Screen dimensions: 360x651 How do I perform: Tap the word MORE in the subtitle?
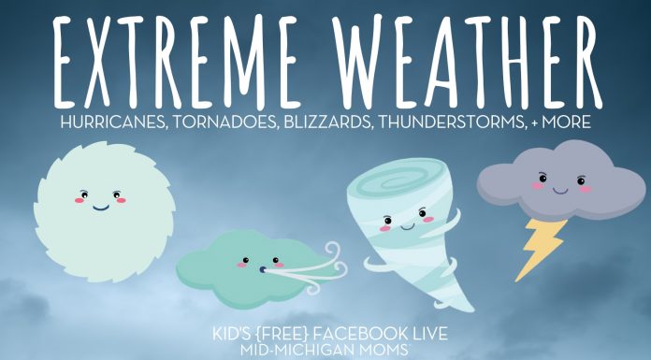click(x=565, y=122)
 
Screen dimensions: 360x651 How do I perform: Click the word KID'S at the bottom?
click(x=239, y=334)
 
